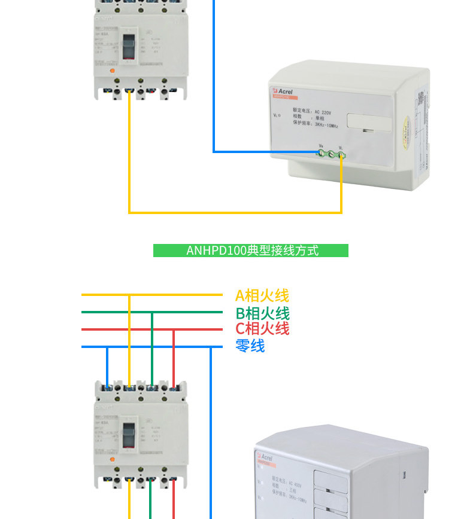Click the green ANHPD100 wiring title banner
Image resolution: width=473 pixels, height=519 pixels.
point(250,250)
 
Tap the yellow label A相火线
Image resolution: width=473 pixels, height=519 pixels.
point(262,295)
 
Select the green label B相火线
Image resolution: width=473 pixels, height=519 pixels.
point(262,313)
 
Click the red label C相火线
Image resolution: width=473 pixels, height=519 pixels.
point(262,328)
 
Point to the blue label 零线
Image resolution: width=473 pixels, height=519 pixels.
point(250,346)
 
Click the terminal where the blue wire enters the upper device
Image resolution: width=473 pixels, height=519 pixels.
point(321,154)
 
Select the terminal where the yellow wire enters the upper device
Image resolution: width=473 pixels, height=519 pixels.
point(341,155)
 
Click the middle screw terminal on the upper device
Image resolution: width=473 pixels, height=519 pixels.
point(331,154)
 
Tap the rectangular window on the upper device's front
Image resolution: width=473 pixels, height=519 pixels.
point(369,123)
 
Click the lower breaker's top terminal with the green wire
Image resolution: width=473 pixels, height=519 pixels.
point(151,387)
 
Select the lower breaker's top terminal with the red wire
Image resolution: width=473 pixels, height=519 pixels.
point(173,387)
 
